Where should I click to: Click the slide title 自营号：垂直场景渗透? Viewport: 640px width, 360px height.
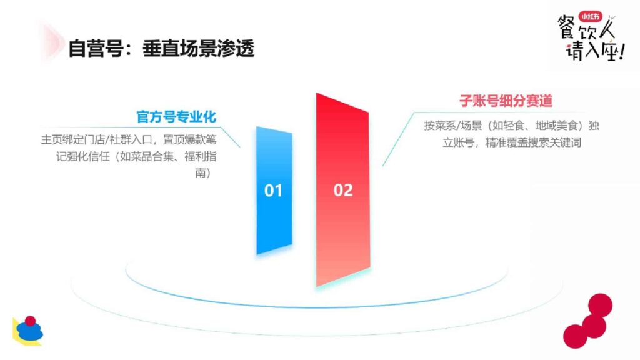click(161, 48)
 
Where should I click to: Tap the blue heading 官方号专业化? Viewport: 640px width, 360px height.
click(176, 117)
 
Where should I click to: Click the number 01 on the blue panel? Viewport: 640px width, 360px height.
click(274, 191)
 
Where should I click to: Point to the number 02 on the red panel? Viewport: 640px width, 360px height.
click(343, 191)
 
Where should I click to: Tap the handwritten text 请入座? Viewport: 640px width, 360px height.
click(594, 53)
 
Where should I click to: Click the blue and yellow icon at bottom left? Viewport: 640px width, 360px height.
click(28, 331)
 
